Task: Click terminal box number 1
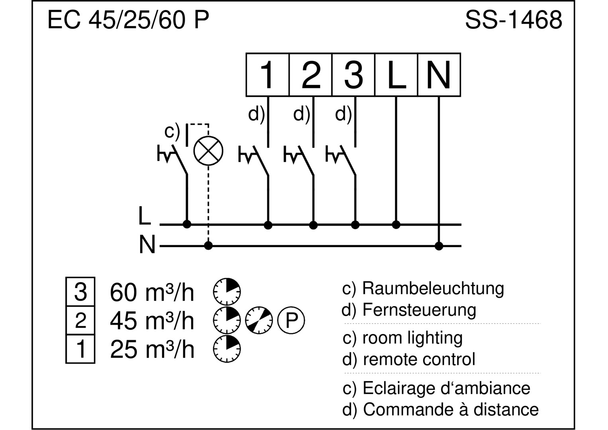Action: click(268, 75)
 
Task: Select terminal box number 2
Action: click(311, 75)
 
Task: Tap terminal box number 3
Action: click(354, 75)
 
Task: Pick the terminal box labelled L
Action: click(396, 75)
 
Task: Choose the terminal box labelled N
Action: click(439, 75)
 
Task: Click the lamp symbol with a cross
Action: click(208, 150)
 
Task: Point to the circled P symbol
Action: click(291, 321)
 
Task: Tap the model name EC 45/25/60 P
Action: click(128, 20)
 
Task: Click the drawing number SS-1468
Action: click(514, 20)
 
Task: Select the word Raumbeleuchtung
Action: click(433, 289)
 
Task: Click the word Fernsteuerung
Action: click(419, 310)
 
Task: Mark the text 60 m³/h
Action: click(152, 293)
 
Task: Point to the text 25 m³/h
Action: click(152, 350)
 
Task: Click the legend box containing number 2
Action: click(80, 321)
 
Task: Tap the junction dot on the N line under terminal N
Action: click(439, 246)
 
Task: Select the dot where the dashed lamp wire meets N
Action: click(208, 246)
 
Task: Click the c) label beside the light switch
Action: click(172, 132)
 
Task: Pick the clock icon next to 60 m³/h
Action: click(227, 291)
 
